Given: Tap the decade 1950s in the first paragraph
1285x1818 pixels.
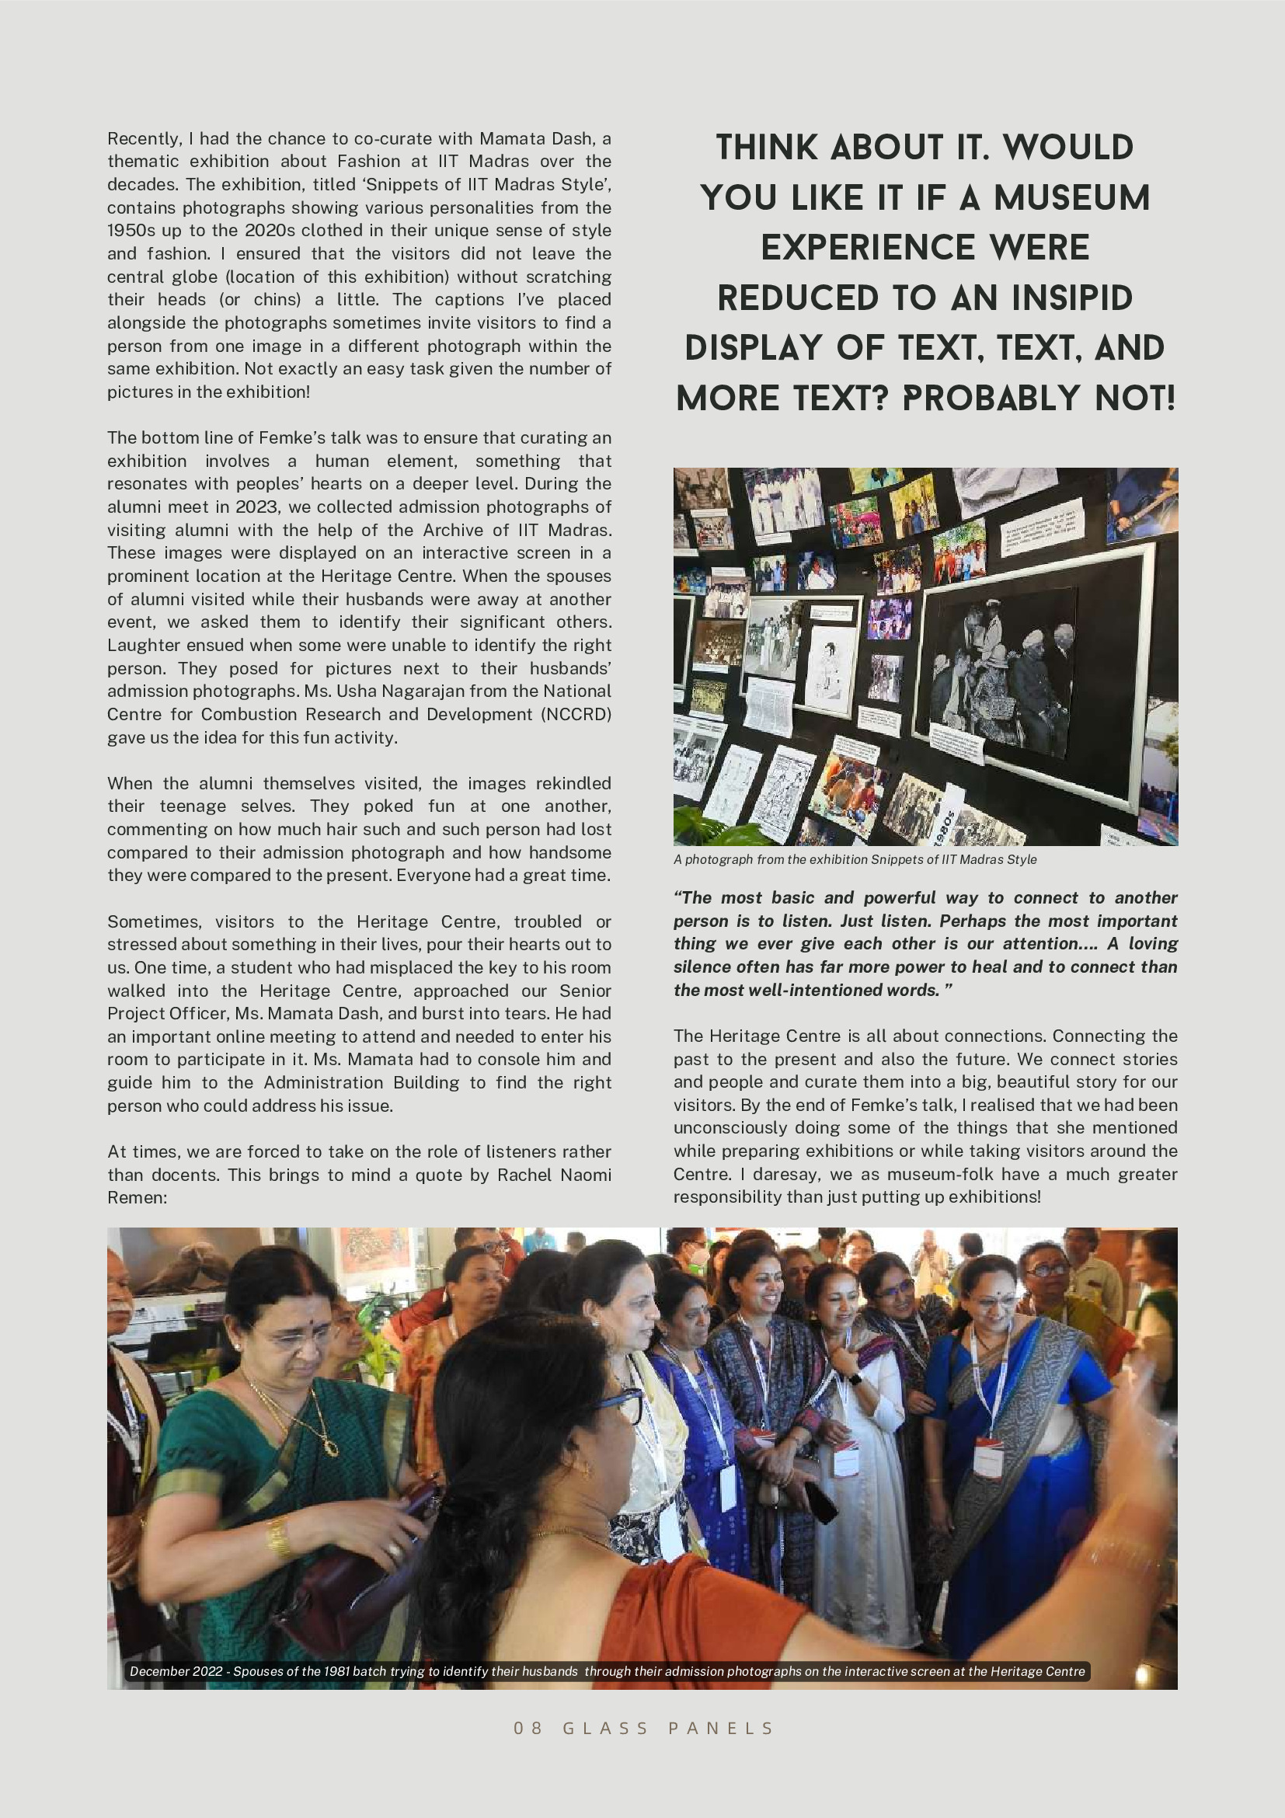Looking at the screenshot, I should [131, 231].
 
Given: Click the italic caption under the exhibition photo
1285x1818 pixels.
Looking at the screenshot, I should [855, 860].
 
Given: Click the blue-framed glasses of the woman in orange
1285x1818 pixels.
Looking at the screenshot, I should [622, 1400].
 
